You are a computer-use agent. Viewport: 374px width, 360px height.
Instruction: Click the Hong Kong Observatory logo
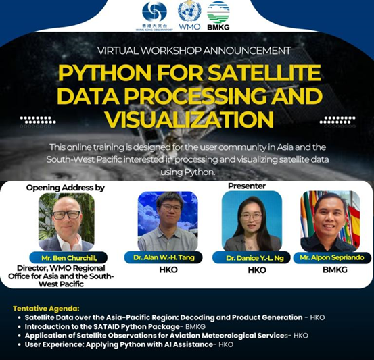pyautogui.click(x=154, y=13)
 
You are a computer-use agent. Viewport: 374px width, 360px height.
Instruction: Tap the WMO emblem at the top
pyautogui.click(x=189, y=14)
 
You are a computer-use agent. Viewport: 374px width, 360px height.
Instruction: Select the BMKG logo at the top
pyautogui.click(x=218, y=14)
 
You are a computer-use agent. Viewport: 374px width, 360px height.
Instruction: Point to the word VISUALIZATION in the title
pyautogui.click(x=187, y=120)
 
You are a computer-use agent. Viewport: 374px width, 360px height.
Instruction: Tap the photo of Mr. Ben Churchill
pyautogui.click(x=66, y=222)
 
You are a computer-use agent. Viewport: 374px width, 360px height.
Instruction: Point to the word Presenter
pyautogui.click(x=246, y=186)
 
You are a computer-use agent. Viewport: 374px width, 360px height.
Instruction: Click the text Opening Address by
pyautogui.click(x=66, y=187)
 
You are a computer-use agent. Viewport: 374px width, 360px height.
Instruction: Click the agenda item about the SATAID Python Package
pyautogui.click(x=109, y=326)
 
